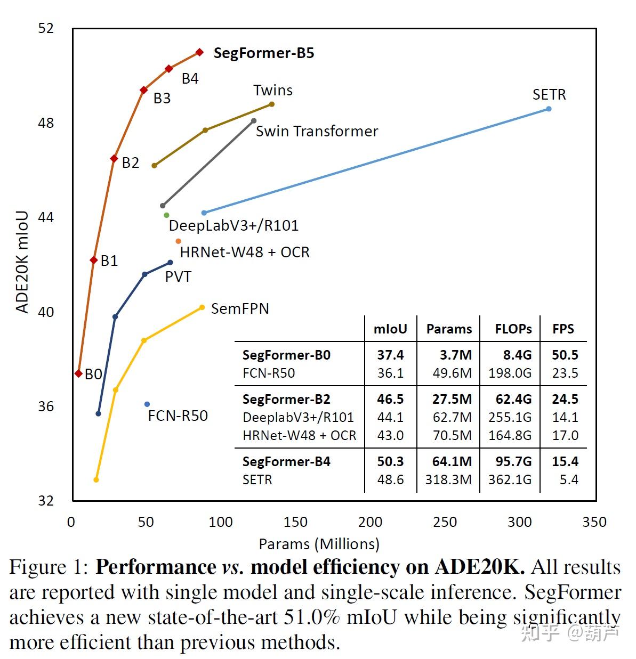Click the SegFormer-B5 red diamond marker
tap(199, 52)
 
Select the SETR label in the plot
tap(549, 95)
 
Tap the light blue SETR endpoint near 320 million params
tap(549, 109)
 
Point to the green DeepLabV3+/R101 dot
tap(166, 215)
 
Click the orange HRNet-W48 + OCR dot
tap(178, 241)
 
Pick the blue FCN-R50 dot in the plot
tap(147, 404)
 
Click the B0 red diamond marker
tap(78, 373)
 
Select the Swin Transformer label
tap(317, 132)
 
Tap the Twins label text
tap(272, 91)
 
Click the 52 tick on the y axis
tap(46, 28)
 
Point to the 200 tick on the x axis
tap(370, 522)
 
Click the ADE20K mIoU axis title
tap(22, 262)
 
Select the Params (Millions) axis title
tap(319, 544)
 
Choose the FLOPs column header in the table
tap(513, 329)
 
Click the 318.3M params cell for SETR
tap(448, 480)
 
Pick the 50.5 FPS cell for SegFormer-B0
tap(565, 355)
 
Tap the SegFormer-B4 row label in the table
tap(286, 461)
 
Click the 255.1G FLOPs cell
tap(510, 417)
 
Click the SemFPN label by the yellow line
tap(240, 309)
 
